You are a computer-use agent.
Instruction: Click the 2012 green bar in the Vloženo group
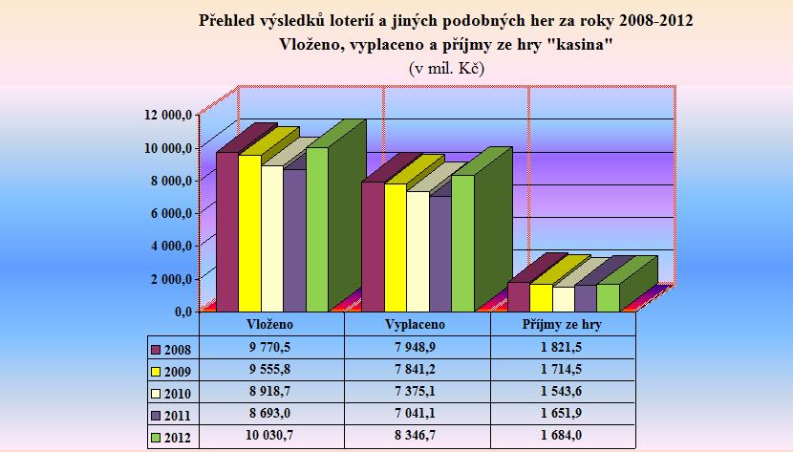(317, 229)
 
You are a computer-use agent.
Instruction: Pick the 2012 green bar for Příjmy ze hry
(608, 297)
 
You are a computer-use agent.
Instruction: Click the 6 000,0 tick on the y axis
(171, 212)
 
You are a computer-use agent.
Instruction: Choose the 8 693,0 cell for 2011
(270, 415)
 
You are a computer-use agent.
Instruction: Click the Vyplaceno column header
(418, 324)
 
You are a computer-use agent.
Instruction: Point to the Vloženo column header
(270, 324)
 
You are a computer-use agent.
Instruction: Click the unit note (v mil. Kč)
(448, 69)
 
